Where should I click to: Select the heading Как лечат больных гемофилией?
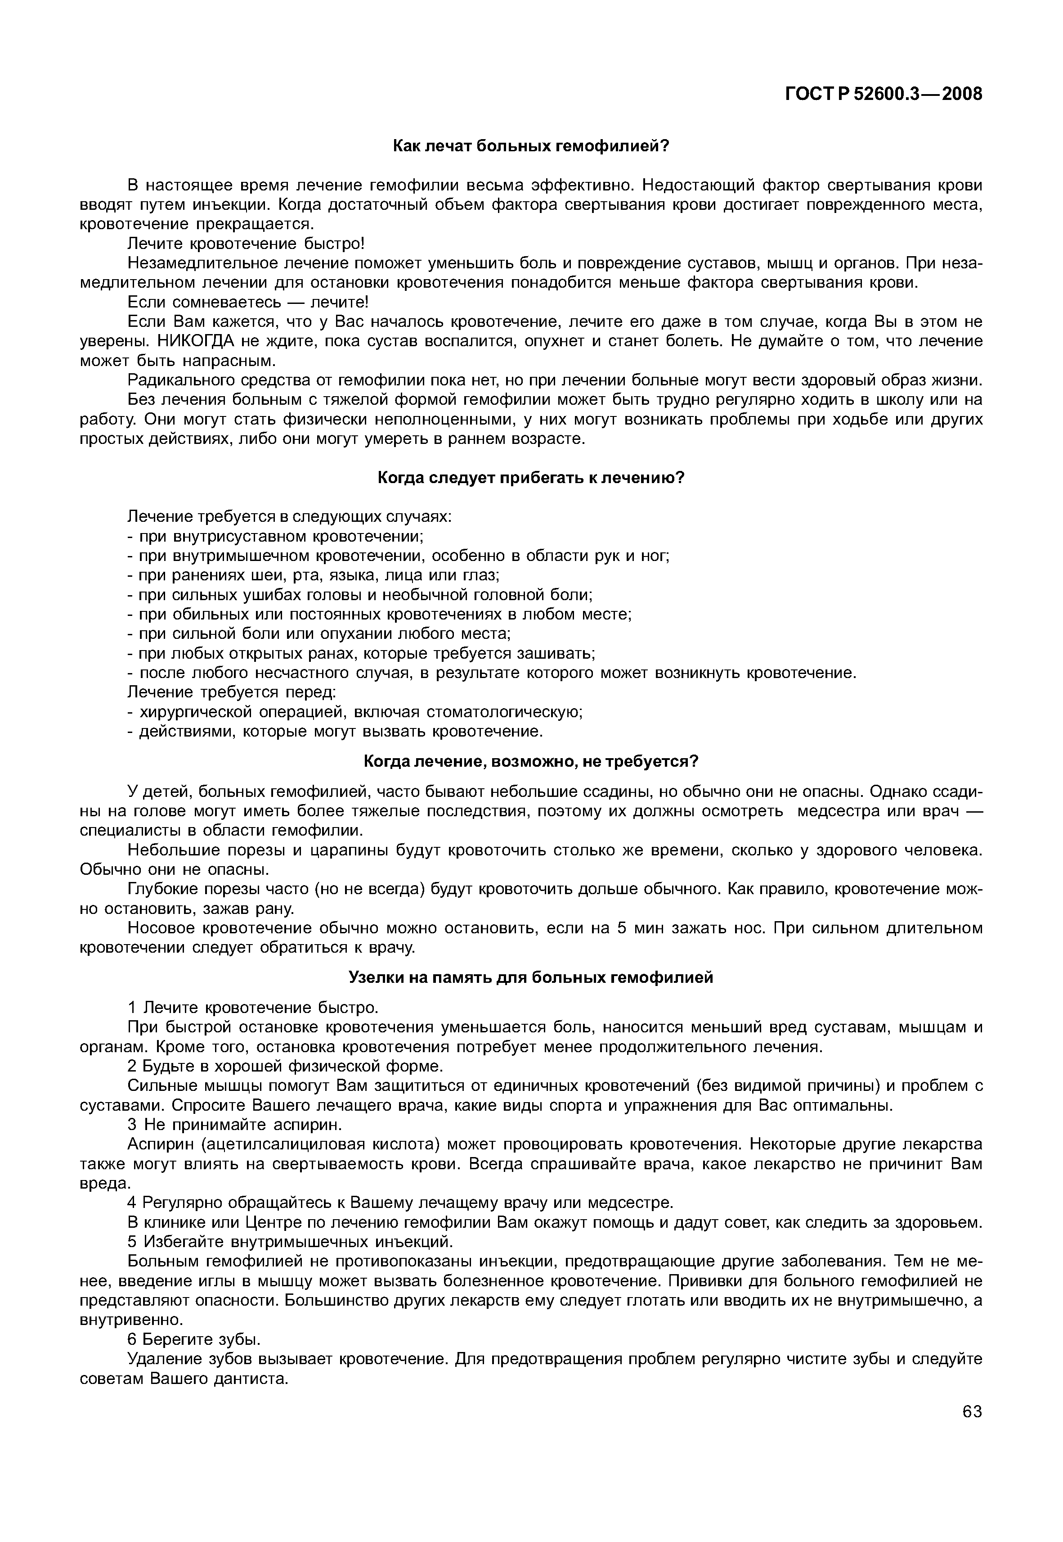tap(530, 146)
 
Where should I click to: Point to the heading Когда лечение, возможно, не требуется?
tap(531, 761)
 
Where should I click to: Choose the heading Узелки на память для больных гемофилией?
tap(531, 977)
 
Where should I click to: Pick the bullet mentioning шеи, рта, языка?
tap(313, 575)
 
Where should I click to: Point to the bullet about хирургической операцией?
tap(355, 712)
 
